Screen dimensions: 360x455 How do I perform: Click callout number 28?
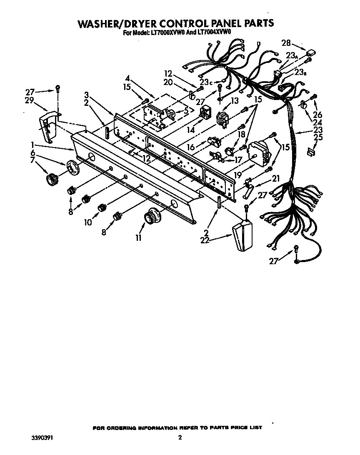(286, 43)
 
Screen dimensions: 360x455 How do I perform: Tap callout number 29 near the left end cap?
(29, 100)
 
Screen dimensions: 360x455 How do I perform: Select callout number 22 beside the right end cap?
(205, 240)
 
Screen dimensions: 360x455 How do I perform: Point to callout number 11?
(138, 237)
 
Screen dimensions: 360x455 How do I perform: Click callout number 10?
(88, 222)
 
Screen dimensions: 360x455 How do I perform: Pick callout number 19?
(237, 175)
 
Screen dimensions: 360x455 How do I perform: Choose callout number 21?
(275, 178)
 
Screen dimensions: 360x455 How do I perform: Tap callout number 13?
(235, 101)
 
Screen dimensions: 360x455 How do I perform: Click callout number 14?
(190, 130)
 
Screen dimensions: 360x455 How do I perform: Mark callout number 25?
(318, 137)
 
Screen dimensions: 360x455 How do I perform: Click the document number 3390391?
(42, 437)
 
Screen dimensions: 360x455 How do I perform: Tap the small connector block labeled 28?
(311, 53)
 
